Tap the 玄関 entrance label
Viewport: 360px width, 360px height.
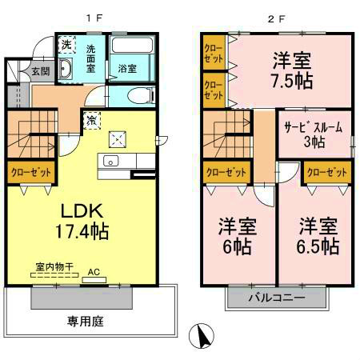click(40, 71)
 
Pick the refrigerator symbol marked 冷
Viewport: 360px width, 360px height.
click(92, 120)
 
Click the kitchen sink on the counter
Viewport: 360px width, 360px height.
click(110, 162)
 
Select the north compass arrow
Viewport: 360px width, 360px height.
click(202, 335)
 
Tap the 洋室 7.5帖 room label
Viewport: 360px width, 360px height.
click(290, 70)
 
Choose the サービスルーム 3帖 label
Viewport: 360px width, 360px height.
click(312, 134)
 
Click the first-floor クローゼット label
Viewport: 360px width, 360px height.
click(30, 172)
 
